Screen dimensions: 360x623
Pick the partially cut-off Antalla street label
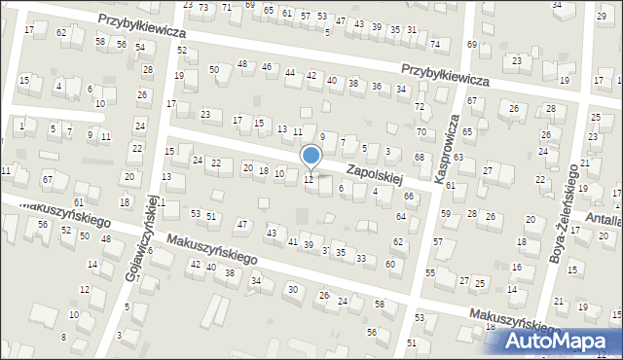(x=605, y=221)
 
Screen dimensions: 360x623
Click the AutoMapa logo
(x=564, y=342)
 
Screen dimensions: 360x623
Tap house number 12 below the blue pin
(x=309, y=179)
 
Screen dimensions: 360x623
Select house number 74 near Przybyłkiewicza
(x=435, y=45)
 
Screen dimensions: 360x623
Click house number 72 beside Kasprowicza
(x=420, y=106)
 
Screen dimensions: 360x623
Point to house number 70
(x=421, y=131)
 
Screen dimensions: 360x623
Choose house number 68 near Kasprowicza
(x=419, y=157)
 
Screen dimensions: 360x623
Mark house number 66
(x=409, y=197)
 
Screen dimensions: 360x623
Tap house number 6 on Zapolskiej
(x=341, y=188)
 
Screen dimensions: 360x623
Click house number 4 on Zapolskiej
(x=376, y=192)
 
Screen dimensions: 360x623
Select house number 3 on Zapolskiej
(x=388, y=151)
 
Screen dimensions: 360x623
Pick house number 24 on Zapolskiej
(x=198, y=160)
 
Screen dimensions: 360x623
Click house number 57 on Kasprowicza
(x=438, y=240)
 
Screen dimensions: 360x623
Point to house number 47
(x=242, y=225)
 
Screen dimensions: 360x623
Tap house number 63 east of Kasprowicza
(x=458, y=157)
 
